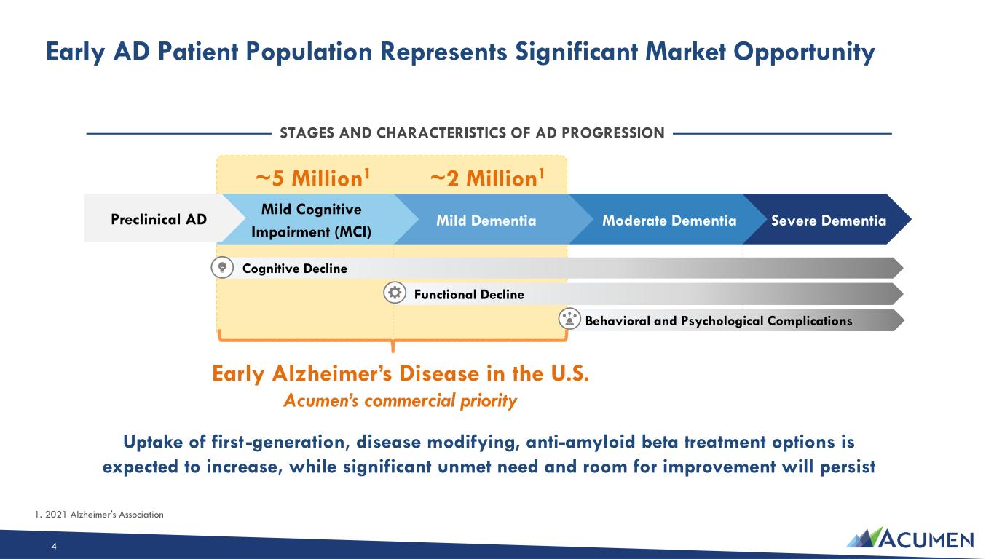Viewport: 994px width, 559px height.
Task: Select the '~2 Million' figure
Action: point(487,178)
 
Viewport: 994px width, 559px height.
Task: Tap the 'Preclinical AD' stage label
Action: point(159,219)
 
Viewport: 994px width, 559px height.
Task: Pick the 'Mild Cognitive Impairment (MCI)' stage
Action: point(311,221)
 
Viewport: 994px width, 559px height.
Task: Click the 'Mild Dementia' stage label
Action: point(486,221)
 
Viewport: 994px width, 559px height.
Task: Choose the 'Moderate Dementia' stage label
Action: point(669,221)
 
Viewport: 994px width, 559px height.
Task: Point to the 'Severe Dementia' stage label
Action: point(829,221)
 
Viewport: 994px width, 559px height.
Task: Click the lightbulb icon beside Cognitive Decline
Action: point(222,268)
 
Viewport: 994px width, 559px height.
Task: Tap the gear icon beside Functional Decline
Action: point(395,293)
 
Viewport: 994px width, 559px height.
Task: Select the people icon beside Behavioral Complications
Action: point(569,319)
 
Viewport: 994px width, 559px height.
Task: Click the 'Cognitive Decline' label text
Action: point(295,269)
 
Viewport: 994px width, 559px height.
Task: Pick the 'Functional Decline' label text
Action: point(469,294)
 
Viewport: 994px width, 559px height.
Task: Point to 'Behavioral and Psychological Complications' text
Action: point(719,321)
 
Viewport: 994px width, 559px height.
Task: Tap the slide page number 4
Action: point(54,546)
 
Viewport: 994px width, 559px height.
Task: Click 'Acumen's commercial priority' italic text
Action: point(401,400)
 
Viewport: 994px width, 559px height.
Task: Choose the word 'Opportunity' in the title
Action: point(804,52)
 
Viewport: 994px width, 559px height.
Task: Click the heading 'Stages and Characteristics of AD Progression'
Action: point(472,132)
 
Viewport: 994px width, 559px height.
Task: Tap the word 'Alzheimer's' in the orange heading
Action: point(332,373)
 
